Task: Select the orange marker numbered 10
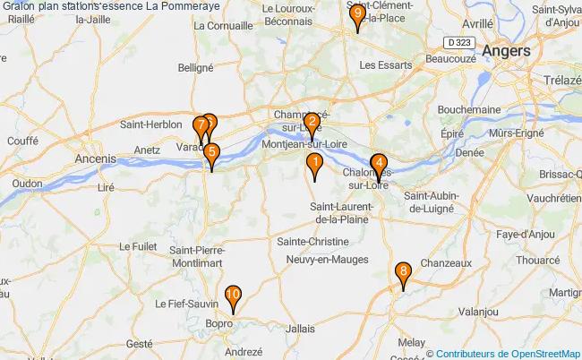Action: coord(233,295)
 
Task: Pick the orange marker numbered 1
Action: coord(314,163)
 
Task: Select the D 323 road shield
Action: coord(459,42)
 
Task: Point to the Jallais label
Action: coord(301,329)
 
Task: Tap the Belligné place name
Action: coord(195,66)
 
